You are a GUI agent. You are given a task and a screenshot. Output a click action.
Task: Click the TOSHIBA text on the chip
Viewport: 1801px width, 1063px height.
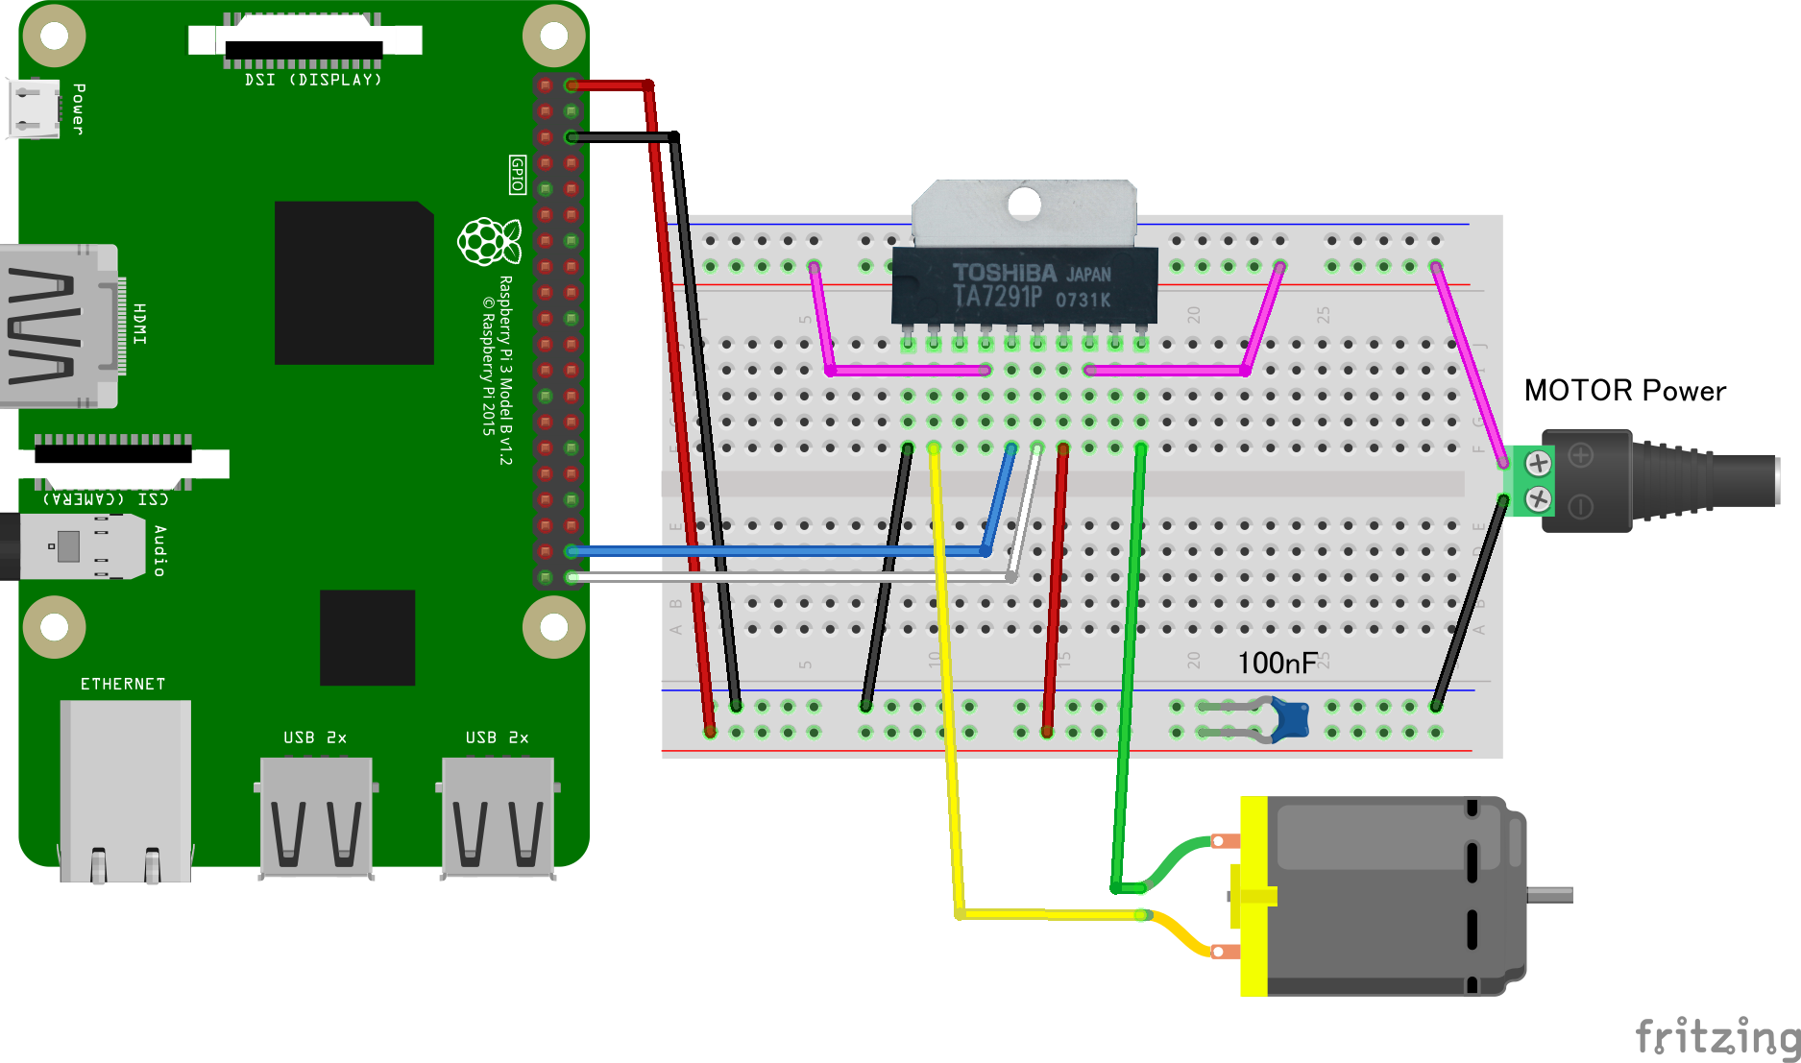point(1004,273)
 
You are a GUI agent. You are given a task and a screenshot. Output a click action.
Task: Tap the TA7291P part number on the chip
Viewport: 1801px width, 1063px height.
point(997,297)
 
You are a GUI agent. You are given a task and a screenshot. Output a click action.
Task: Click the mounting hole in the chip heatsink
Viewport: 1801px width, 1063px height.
point(1025,204)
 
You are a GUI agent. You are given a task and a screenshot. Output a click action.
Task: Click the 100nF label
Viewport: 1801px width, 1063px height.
point(1277,663)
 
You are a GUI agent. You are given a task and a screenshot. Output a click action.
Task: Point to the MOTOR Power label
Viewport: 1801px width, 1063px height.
point(1624,391)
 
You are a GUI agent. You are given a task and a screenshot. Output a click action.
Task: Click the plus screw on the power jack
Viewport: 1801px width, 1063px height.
point(1538,463)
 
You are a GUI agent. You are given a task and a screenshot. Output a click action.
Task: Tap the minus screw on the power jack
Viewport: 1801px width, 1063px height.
point(1538,498)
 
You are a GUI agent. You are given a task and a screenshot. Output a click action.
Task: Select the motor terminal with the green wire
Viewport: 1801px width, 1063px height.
point(1223,841)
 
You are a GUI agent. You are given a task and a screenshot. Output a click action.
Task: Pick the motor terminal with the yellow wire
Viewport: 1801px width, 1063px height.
point(1223,952)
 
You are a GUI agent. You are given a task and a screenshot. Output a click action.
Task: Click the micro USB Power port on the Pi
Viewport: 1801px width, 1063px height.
point(34,108)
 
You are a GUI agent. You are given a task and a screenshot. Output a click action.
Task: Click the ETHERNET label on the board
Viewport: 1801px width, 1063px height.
point(123,684)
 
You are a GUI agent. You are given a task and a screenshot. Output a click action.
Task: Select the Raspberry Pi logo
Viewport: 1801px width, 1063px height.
point(489,240)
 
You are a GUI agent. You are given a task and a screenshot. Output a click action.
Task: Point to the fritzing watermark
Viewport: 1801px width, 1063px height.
point(1716,1036)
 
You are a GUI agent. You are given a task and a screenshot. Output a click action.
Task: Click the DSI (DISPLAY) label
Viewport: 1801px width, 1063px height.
point(313,80)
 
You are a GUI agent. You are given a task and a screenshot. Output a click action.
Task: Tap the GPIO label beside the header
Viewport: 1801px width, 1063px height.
point(518,174)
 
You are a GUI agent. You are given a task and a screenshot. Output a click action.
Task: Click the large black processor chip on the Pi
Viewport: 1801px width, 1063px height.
point(353,282)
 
